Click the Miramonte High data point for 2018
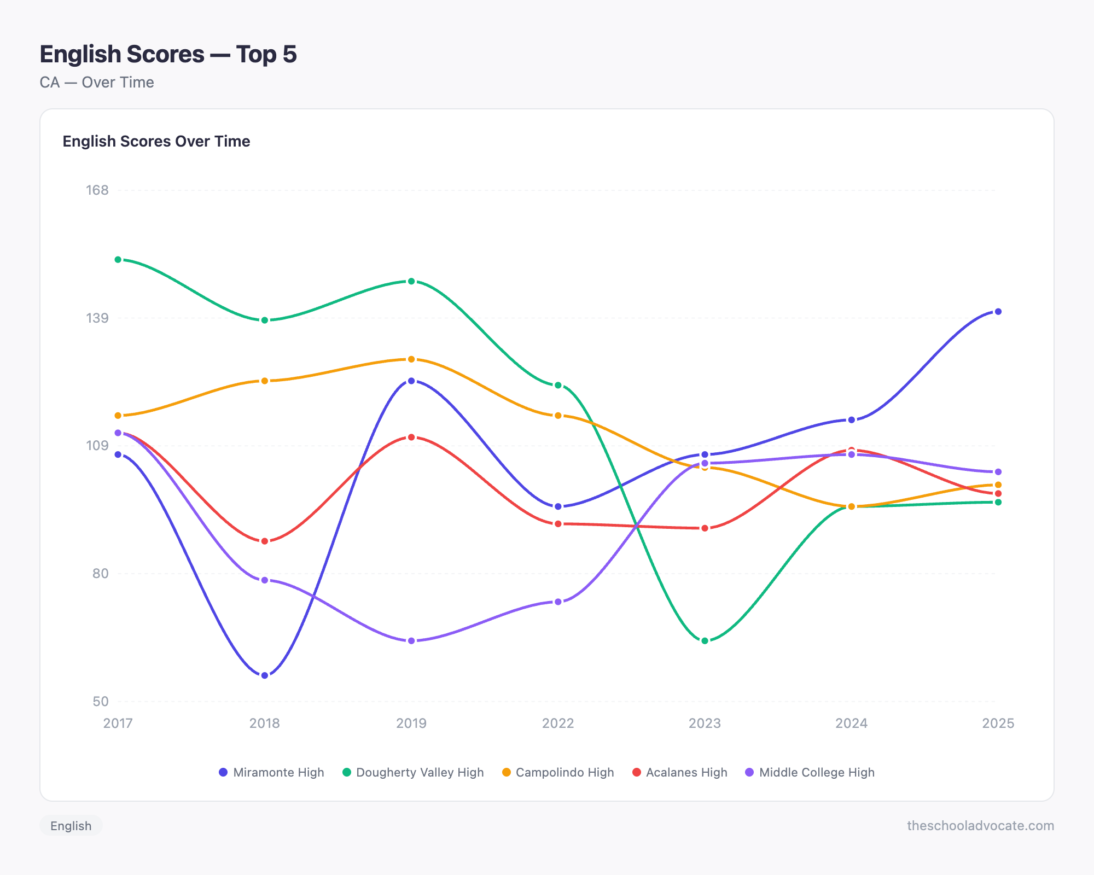click(x=265, y=675)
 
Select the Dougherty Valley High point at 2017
click(x=118, y=260)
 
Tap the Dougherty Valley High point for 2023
click(x=705, y=640)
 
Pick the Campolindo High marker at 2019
click(x=411, y=359)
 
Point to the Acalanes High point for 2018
click(x=265, y=541)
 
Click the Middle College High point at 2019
click(x=411, y=640)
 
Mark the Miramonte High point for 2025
click(x=998, y=312)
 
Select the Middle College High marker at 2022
click(x=558, y=602)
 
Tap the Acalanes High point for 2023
click(x=705, y=528)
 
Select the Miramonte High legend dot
click(x=223, y=772)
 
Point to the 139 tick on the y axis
click(x=97, y=318)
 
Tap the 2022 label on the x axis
click(x=558, y=723)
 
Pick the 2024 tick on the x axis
click(x=851, y=723)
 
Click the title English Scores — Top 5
click(x=168, y=54)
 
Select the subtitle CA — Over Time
click(x=97, y=82)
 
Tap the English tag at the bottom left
click(x=71, y=825)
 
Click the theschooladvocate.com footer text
click(x=980, y=825)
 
